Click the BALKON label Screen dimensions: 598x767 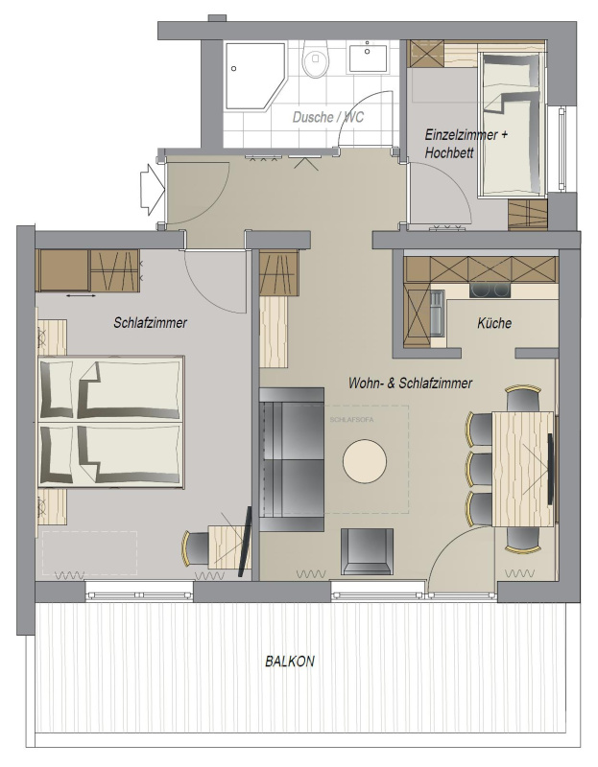click(290, 662)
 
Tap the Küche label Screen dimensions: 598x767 click(494, 323)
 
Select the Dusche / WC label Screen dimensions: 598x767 click(328, 117)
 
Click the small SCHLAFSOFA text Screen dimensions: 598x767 click(351, 420)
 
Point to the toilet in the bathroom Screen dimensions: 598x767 click(315, 58)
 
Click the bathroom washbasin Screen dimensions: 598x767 click(368, 58)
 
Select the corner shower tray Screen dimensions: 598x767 click(254, 76)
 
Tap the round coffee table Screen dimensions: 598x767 click(365, 461)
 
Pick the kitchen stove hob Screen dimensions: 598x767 click(490, 291)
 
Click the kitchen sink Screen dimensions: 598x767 click(437, 314)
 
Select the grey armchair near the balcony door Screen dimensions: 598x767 click(367, 550)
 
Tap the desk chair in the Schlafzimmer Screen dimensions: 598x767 click(197, 548)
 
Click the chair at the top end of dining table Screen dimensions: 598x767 click(523, 398)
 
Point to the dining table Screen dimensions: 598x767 click(523, 469)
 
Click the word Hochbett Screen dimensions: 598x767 click(449, 152)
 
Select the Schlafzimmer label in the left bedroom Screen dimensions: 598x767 click(151, 323)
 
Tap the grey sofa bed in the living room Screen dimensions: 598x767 click(292, 460)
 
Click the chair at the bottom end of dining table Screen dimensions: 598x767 click(523, 540)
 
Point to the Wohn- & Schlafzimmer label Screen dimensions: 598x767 click(410, 383)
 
